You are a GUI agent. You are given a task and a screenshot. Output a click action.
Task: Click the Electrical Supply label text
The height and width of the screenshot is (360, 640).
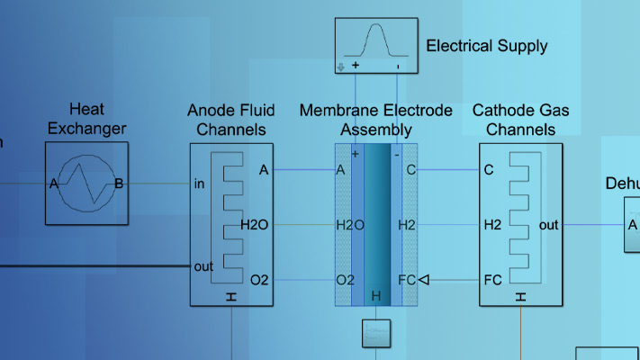click(486, 46)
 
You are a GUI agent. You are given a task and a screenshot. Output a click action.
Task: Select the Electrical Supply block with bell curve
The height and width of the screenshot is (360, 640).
click(378, 44)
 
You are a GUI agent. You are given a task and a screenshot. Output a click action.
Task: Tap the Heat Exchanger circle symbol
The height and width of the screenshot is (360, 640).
click(87, 184)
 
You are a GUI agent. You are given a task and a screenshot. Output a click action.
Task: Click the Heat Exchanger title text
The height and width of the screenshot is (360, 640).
click(87, 120)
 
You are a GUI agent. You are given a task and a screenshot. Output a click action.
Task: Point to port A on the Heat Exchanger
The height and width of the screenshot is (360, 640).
click(54, 184)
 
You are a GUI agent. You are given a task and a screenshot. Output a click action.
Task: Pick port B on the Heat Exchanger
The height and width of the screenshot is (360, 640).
click(119, 184)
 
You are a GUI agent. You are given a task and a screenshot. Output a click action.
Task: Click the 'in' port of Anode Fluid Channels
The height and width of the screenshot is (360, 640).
click(200, 184)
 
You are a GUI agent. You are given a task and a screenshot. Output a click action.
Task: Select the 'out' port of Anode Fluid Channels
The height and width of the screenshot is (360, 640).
click(203, 266)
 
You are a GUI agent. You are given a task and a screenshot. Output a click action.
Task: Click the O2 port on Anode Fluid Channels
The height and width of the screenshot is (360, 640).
click(259, 280)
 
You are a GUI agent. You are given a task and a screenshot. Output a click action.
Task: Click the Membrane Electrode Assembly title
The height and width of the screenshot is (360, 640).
click(376, 120)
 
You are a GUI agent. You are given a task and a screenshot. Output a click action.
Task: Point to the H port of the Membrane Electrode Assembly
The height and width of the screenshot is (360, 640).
click(376, 296)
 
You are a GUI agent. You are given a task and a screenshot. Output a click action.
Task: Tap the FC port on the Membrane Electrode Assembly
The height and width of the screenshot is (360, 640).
click(407, 280)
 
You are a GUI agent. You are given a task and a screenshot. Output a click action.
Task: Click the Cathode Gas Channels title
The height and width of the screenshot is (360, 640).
click(521, 120)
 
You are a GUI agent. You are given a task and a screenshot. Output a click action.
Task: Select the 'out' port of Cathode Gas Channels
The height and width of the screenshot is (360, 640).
click(549, 225)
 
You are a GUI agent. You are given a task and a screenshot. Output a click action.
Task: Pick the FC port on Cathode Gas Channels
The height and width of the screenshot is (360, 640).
click(492, 280)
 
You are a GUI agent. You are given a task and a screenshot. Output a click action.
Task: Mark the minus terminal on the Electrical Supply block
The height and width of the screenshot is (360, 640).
click(397, 66)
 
